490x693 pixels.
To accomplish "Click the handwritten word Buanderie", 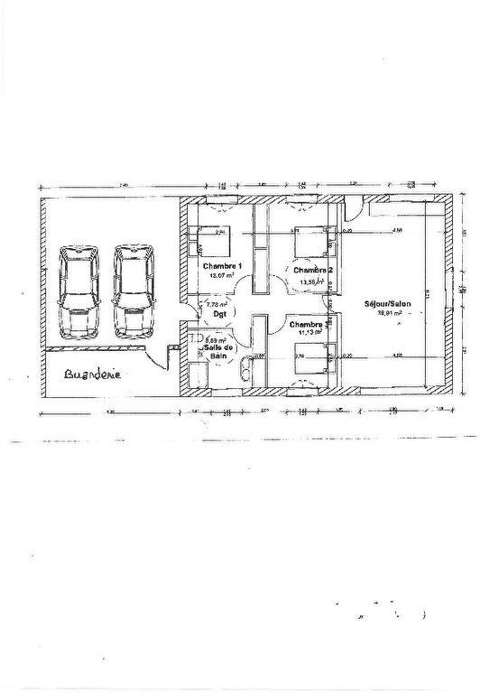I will pyautogui.click(x=92, y=374).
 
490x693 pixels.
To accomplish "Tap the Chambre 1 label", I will pyautogui.click(x=222, y=267).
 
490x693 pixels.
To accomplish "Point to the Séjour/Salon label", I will pyautogui.click(x=387, y=304).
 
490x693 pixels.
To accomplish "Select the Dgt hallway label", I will pyautogui.click(x=217, y=316).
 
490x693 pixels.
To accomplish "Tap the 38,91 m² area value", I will pyautogui.click(x=389, y=316).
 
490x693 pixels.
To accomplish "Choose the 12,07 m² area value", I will pyautogui.click(x=221, y=277).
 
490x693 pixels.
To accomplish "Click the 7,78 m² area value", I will pyautogui.click(x=217, y=305).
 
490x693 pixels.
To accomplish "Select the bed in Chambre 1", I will pyautogui.click(x=212, y=242).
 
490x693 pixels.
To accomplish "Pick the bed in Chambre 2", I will pyautogui.click(x=313, y=242).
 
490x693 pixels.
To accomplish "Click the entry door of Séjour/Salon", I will pyautogui.click(x=355, y=208).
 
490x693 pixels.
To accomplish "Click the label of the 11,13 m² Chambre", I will pyautogui.click(x=307, y=323).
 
